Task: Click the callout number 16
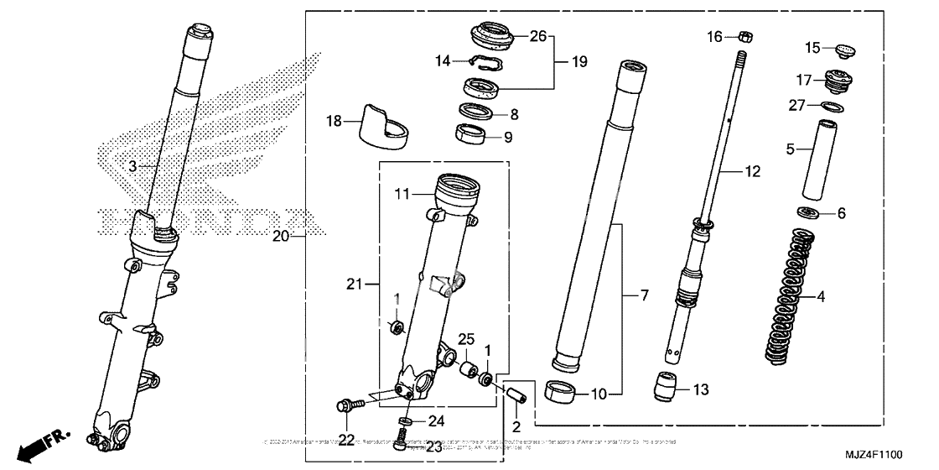pos(713,36)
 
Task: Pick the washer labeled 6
pos(809,213)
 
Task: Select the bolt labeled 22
pos(346,407)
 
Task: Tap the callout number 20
pos(281,237)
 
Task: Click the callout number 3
pos(132,166)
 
